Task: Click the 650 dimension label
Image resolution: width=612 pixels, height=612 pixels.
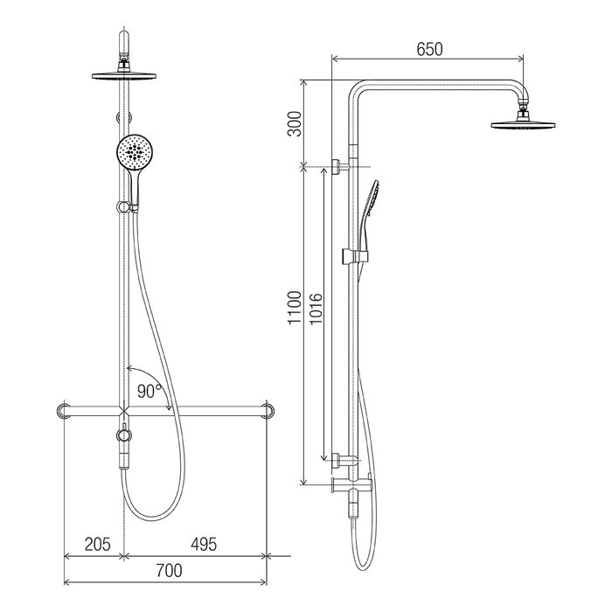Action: coord(429,49)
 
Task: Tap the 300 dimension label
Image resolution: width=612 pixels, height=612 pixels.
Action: coord(296,124)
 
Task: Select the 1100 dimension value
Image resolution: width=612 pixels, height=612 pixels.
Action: coord(296,307)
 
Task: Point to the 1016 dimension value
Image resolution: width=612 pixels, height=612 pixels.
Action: coord(316,309)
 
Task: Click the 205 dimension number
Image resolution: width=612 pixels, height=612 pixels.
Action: coord(98,544)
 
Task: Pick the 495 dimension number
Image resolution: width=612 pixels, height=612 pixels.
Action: coord(204,544)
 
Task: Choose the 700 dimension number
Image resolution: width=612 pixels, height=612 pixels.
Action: coord(169,571)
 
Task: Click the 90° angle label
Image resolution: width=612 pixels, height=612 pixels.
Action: coord(150,391)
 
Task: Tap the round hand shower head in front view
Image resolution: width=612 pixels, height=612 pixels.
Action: coord(134,152)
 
